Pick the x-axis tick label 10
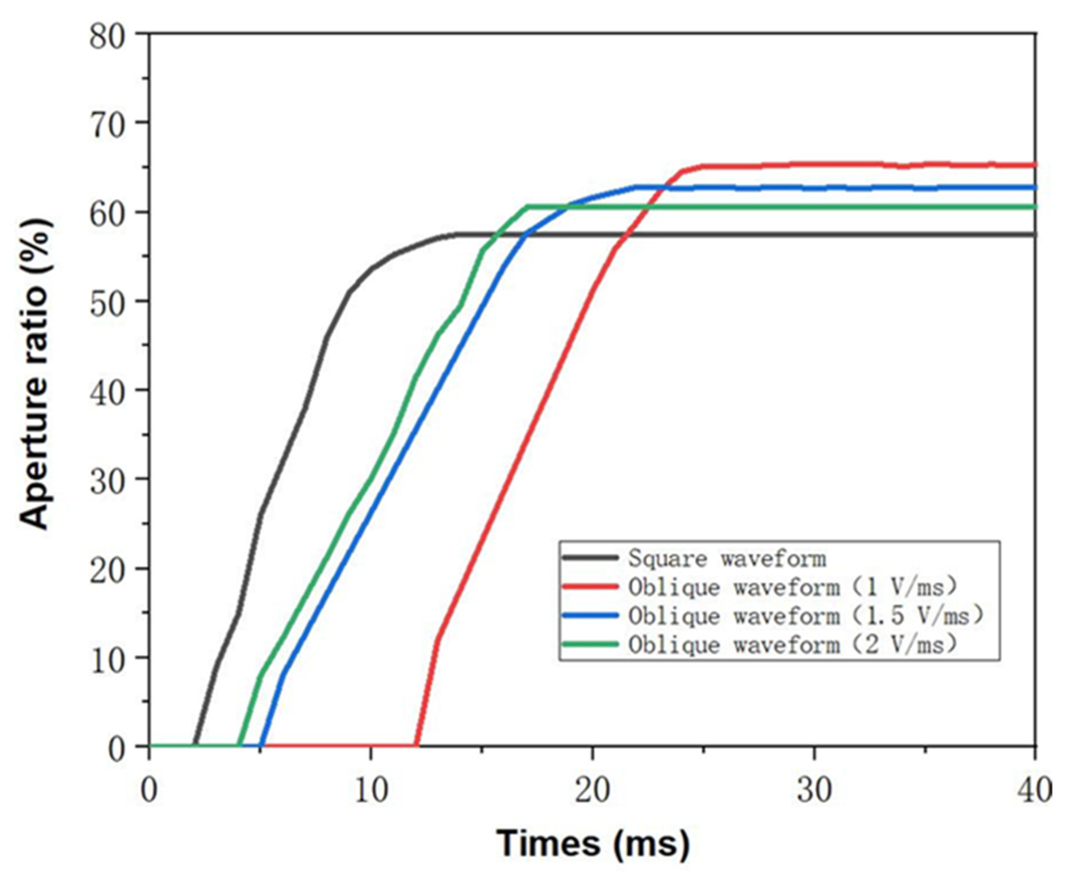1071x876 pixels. point(371,790)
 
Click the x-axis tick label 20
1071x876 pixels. point(593,790)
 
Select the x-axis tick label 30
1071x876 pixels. point(814,790)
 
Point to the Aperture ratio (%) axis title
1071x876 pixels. point(35,373)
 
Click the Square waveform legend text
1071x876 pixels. point(727,558)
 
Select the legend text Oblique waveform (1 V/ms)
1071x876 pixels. point(792,587)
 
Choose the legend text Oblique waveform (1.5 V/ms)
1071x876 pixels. point(806,616)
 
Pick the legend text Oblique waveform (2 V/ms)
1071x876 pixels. point(792,644)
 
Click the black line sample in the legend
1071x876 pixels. point(590,558)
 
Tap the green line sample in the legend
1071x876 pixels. point(590,644)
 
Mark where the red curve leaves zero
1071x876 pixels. point(416,745)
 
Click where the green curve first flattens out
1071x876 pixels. point(527,206)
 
